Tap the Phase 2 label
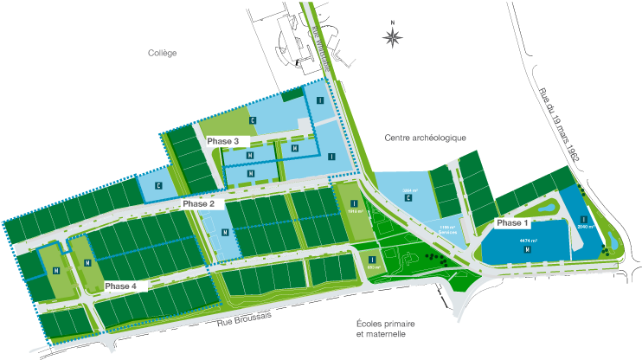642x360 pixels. [x=198, y=204]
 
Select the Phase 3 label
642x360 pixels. [x=222, y=140]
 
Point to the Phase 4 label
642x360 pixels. [x=120, y=286]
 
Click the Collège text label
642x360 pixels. [x=162, y=53]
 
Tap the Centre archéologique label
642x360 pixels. [x=426, y=138]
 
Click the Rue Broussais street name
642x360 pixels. [x=246, y=320]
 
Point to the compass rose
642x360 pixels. [x=393, y=36]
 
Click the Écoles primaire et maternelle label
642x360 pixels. [x=381, y=328]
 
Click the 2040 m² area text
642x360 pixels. [x=585, y=228]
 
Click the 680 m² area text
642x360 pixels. [x=372, y=267]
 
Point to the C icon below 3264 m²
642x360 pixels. [x=408, y=198]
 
